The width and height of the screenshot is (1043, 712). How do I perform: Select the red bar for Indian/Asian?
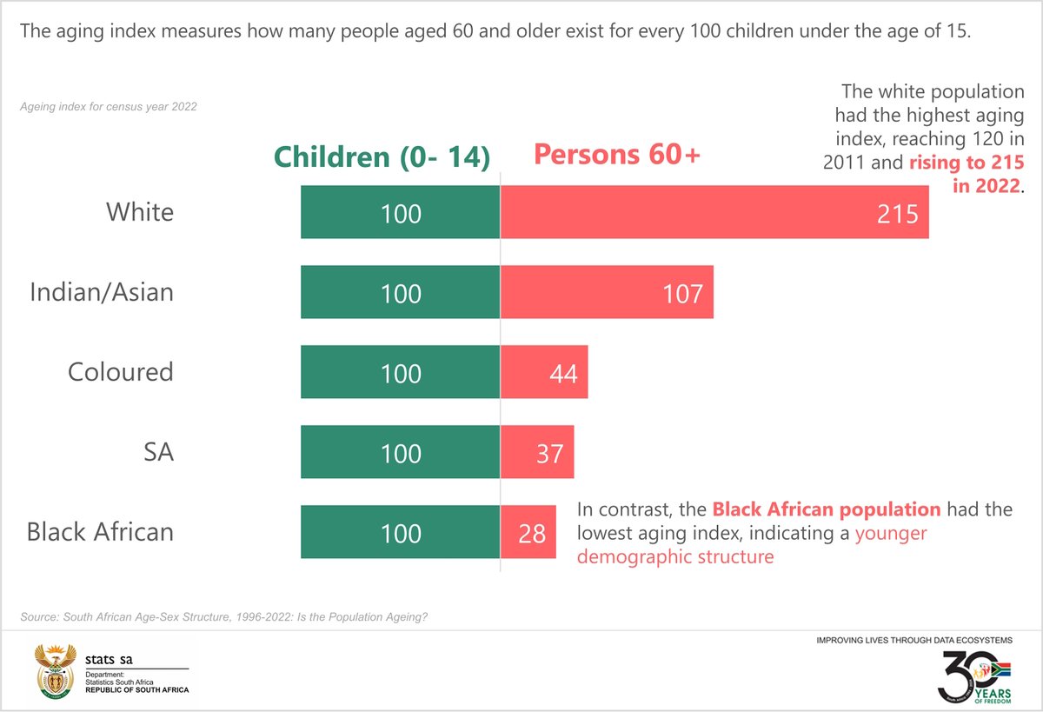point(607,292)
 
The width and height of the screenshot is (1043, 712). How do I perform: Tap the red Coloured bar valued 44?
point(544,372)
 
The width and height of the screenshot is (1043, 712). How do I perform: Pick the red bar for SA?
point(537,452)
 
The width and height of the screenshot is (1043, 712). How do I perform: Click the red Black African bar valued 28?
point(528,532)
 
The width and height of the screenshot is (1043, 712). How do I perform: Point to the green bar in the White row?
point(401,212)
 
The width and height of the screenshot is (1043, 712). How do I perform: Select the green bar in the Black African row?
point(401,532)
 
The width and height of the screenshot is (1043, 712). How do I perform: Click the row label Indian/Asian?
point(102,292)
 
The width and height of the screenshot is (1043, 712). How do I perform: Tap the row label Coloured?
point(121,372)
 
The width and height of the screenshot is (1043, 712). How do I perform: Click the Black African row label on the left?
point(100,532)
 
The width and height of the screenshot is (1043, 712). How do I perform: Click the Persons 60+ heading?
point(617,155)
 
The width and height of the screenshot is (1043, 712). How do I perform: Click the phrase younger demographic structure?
point(752,545)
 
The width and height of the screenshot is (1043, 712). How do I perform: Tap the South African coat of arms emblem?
point(54,672)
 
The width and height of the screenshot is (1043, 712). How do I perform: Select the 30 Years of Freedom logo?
point(974,675)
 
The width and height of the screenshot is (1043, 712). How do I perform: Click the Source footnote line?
point(223,617)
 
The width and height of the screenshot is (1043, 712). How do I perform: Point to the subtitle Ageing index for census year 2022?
point(109,107)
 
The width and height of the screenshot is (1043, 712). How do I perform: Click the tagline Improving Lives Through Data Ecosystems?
point(914,640)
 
